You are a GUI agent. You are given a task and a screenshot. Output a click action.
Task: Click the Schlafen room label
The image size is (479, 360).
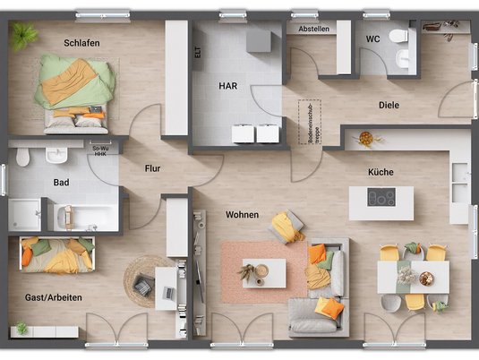click(x=81, y=42)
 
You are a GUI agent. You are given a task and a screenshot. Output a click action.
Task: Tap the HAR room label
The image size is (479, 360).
click(x=228, y=86)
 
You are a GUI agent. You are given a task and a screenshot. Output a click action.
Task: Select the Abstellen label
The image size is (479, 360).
click(x=314, y=29)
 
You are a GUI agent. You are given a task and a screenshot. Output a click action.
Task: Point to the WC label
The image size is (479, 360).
click(x=372, y=39)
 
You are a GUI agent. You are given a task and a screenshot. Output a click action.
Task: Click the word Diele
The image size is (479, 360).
click(x=389, y=105)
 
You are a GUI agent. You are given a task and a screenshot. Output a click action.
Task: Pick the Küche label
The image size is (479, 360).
click(x=381, y=172)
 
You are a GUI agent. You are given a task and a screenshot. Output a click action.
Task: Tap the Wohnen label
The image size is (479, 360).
click(x=242, y=215)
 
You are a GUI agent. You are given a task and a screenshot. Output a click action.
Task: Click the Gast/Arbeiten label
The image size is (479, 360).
click(x=53, y=297)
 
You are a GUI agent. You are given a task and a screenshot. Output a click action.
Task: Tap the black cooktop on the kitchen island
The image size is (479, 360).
click(x=381, y=198)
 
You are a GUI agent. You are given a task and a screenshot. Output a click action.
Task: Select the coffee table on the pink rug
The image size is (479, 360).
click(x=264, y=272)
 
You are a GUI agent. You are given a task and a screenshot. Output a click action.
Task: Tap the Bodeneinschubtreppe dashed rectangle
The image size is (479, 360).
click(x=310, y=123)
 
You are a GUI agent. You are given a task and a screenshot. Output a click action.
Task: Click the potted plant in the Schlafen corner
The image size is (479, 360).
click(x=26, y=34)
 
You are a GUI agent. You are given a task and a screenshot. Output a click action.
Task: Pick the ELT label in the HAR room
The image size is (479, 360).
click(x=198, y=52)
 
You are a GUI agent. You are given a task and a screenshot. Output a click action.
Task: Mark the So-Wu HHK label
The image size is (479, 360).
click(x=100, y=150)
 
